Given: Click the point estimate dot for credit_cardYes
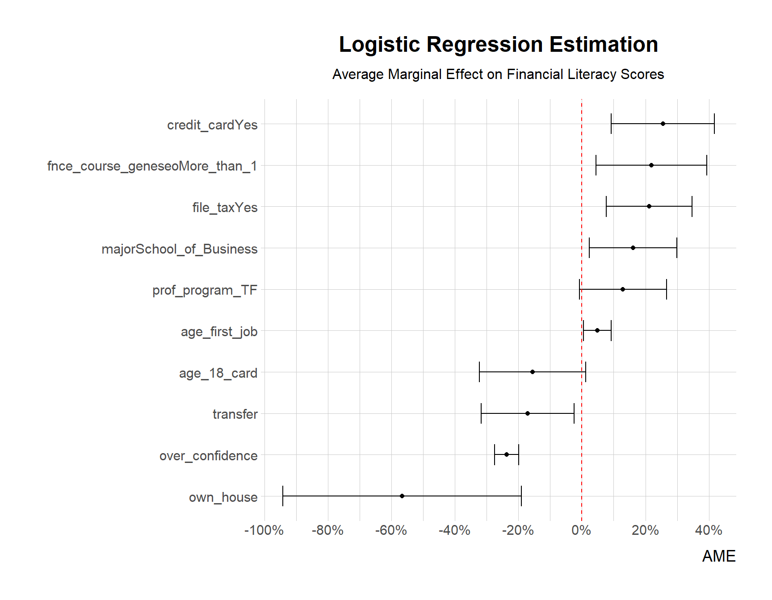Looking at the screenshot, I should (x=663, y=124).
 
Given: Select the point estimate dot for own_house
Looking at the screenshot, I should (x=402, y=496).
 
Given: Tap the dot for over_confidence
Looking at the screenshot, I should (x=507, y=454).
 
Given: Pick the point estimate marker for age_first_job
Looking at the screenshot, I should (x=597, y=330).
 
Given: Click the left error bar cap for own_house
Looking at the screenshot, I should (x=283, y=496).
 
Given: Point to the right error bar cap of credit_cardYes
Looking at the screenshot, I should (x=714, y=124).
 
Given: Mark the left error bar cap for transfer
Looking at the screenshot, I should (x=481, y=413).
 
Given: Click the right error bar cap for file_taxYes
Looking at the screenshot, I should (x=692, y=206).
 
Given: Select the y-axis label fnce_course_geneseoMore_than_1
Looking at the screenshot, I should (x=152, y=166).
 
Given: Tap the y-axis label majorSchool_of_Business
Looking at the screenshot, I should (x=179, y=249).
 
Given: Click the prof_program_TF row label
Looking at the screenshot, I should (x=205, y=290).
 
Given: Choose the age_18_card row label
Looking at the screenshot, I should (x=218, y=373).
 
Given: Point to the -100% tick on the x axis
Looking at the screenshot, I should (x=264, y=530).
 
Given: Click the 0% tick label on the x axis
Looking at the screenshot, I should (x=581, y=530).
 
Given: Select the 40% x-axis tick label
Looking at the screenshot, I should (x=709, y=530).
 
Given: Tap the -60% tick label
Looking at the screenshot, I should (x=391, y=530).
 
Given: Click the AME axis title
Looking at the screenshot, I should (x=718, y=556).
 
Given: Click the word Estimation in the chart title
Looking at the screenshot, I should (x=604, y=45).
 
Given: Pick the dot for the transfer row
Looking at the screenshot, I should (x=528, y=413).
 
